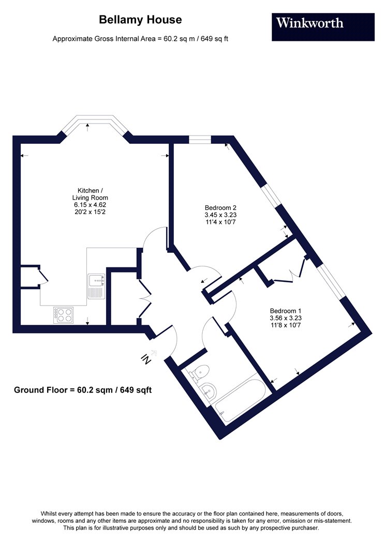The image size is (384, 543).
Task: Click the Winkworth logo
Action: [x=323, y=27]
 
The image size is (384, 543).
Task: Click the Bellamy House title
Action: [x=140, y=20]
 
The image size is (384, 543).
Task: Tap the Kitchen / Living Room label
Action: [x=90, y=194]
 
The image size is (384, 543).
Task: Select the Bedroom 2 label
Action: [x=220, y=208]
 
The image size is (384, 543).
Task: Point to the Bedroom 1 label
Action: [x=286, y=311]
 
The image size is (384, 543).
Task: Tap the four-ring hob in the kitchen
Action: [x=63, y=315]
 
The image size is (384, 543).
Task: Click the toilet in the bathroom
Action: [x=199, y=373]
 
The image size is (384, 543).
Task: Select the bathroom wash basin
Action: [x=209, y=391]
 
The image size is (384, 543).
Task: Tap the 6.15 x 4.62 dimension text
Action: [x=90, y=205]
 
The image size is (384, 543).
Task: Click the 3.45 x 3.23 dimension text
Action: [x=220, y=215]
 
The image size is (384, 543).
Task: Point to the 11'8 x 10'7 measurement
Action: [x=286, y=325]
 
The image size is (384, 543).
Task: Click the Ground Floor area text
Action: [x=83, y=390]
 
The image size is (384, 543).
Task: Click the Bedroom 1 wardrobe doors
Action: [x=289, y=271]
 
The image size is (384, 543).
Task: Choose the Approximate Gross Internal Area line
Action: [x=140, y=39]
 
